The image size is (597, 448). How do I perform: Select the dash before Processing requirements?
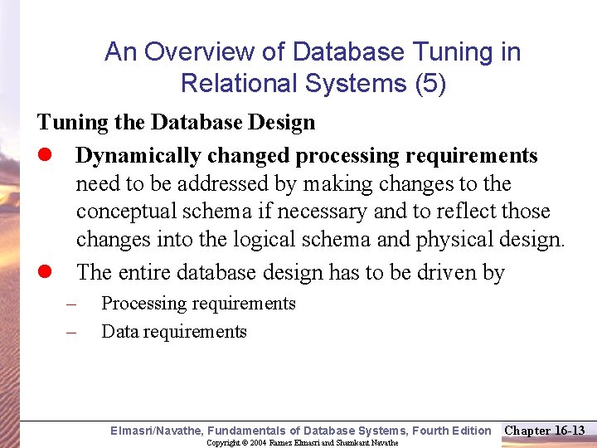click(x=71, y=304)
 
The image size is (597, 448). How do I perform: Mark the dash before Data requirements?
click(x=71, y=332)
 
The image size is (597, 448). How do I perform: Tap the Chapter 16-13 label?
click(x=545, y=431)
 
